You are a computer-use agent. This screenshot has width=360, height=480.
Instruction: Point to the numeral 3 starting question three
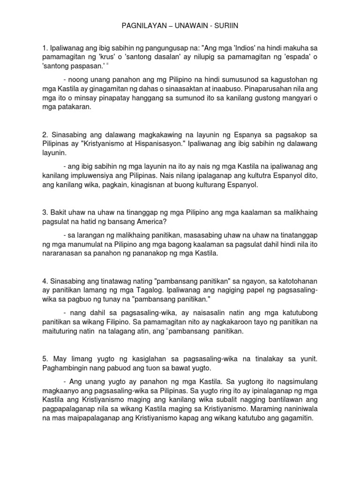point(44,212)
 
